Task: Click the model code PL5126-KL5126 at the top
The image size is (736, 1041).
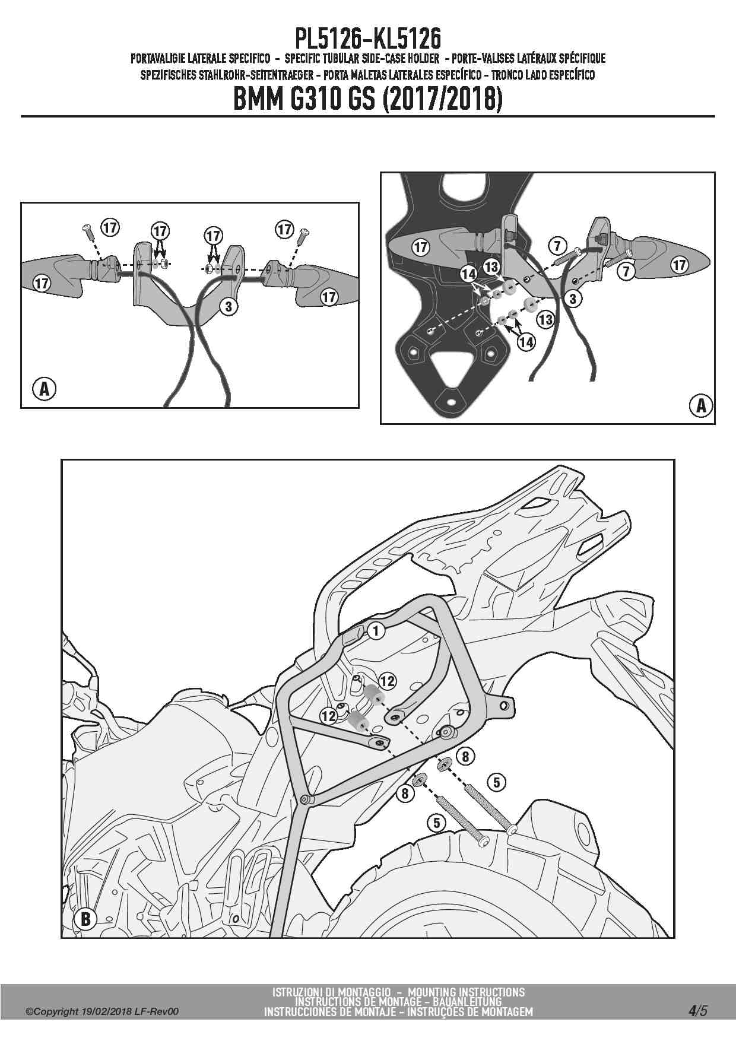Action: [368, 39]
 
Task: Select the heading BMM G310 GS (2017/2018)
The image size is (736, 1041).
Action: [368, 99]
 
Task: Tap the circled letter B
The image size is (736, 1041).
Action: [85, 919]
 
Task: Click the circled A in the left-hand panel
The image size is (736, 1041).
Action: [43, 389]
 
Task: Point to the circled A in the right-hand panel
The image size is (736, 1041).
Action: [700, 405]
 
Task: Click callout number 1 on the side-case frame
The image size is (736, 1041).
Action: [376, 630]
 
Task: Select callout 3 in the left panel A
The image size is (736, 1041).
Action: [229, 307]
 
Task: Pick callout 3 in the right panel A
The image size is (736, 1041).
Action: [573, 299]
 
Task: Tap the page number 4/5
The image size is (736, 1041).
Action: [697, 1010]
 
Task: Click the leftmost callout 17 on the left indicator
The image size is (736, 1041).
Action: [42, 283]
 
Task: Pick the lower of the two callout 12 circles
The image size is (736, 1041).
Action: [328, 716]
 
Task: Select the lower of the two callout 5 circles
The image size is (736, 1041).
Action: [437, 823]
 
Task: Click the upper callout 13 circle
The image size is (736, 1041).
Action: [491, 266]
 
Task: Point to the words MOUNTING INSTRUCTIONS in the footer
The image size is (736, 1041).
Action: [467, 992]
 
